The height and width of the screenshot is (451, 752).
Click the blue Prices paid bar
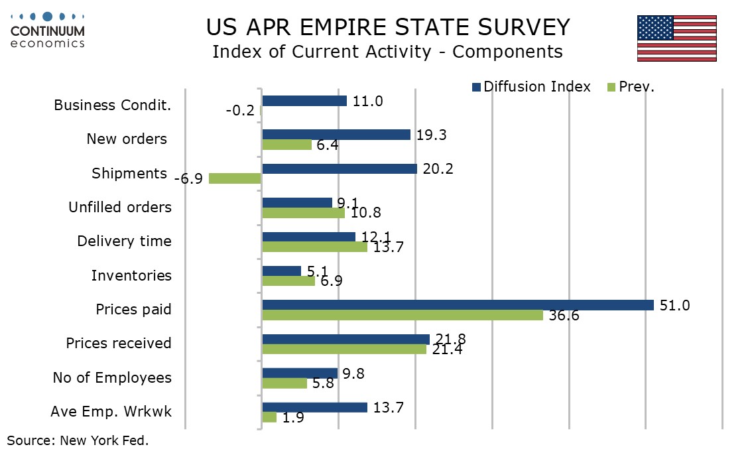pos(458,305)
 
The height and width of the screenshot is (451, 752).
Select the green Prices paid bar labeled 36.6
pos(403,315)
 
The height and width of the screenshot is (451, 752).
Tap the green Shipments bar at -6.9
pos(235,178)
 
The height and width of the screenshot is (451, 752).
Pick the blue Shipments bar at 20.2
pos(340,168)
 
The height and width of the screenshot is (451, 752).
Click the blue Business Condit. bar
pos(304,101)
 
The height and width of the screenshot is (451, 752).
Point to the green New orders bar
pos(286,145)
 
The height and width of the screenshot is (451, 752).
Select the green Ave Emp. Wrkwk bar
pos(269,417)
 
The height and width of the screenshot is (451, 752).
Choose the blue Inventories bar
pos(282,271)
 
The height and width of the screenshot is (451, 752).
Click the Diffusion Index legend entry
pos(531,87)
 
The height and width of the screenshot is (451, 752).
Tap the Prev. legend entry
pos(631,87)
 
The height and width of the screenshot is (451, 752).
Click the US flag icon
pos(676,38)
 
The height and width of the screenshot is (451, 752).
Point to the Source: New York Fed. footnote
pos(78,440)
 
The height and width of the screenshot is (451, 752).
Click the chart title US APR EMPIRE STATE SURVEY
pos(387,28)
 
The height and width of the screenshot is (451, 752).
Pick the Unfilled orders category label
pos(120,207)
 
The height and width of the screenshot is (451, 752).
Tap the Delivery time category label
pos(124,241)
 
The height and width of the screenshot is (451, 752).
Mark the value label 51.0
pos(675,306)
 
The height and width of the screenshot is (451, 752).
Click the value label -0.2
pos(240,111)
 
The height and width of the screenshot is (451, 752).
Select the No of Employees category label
pos(112,378)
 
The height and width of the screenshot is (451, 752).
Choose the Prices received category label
pos(119,344)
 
